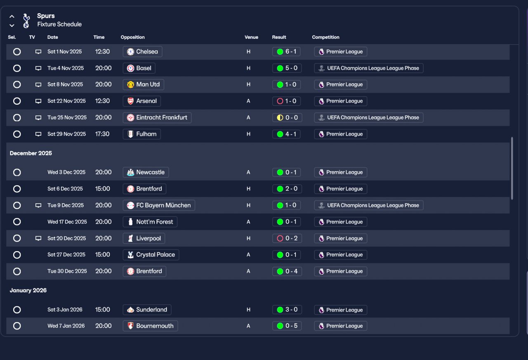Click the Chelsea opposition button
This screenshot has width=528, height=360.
click(x=142, y=52)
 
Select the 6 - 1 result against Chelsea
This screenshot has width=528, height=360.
click(x=287, y=52)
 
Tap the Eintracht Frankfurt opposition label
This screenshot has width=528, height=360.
click(x=157, y=118)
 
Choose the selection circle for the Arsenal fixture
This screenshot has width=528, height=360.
click(x=17, y=101)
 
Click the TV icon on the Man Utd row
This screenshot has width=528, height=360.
click(x=38, y=85)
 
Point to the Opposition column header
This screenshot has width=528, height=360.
click(x=133, y=37)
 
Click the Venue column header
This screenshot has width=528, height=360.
click(x=251, y=37)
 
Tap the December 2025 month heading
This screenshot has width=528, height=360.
click(x=31, y=153)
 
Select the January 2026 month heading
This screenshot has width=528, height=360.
click(x=28, y=290)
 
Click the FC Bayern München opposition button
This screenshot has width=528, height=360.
click(x=159, y=205)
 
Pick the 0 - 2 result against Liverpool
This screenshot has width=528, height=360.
click(x=287, y=238)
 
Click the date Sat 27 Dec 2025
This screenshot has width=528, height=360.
click(x=66, y=255)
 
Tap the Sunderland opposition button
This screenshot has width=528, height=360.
click(x=147, y=310)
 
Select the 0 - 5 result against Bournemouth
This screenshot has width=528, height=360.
click(x=287, y=326)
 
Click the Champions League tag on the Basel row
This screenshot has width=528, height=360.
click(x=368, y=68)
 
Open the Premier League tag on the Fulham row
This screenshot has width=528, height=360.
click(x=340, y=134)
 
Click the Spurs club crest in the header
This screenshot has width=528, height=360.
click(x=26, y=20)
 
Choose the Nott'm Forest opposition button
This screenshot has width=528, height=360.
click(x=150, y=222)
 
